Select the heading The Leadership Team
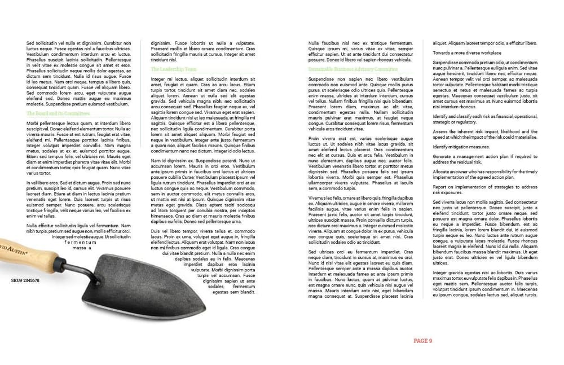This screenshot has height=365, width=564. pos(174,69)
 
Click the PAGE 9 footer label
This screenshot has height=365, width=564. pos(422,340)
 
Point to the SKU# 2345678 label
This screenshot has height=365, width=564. pos(25,280)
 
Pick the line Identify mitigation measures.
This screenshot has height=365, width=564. pos(461,146)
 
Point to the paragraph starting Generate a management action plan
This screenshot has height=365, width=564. pos(484,159)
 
